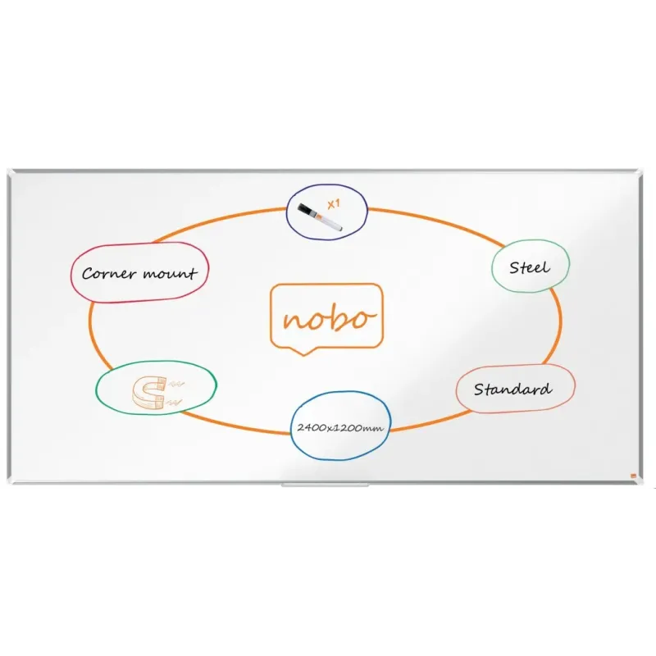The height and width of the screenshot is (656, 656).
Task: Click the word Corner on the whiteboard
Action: (109, 274)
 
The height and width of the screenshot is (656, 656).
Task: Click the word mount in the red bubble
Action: (170, 274)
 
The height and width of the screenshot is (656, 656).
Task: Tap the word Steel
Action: (530, 267)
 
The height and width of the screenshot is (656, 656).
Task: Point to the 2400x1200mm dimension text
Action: (340, 427)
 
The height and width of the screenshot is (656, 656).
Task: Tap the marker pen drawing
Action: (320, 217)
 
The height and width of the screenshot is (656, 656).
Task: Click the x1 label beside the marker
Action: (334, 204)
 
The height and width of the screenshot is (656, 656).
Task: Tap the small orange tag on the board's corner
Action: (632, 476)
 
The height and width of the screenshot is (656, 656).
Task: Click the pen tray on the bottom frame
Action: (325, 485)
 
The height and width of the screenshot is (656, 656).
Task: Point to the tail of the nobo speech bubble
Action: (304, 352)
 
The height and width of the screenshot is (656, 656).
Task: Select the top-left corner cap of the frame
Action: (10, 172)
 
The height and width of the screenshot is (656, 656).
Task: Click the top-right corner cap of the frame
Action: (640, 173)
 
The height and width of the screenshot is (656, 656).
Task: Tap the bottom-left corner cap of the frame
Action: (10, 481)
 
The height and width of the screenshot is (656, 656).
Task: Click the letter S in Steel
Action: (515, 267)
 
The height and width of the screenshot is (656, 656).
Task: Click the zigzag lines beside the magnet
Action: (175, 393)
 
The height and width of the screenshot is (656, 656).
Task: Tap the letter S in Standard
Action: (480, 389)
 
